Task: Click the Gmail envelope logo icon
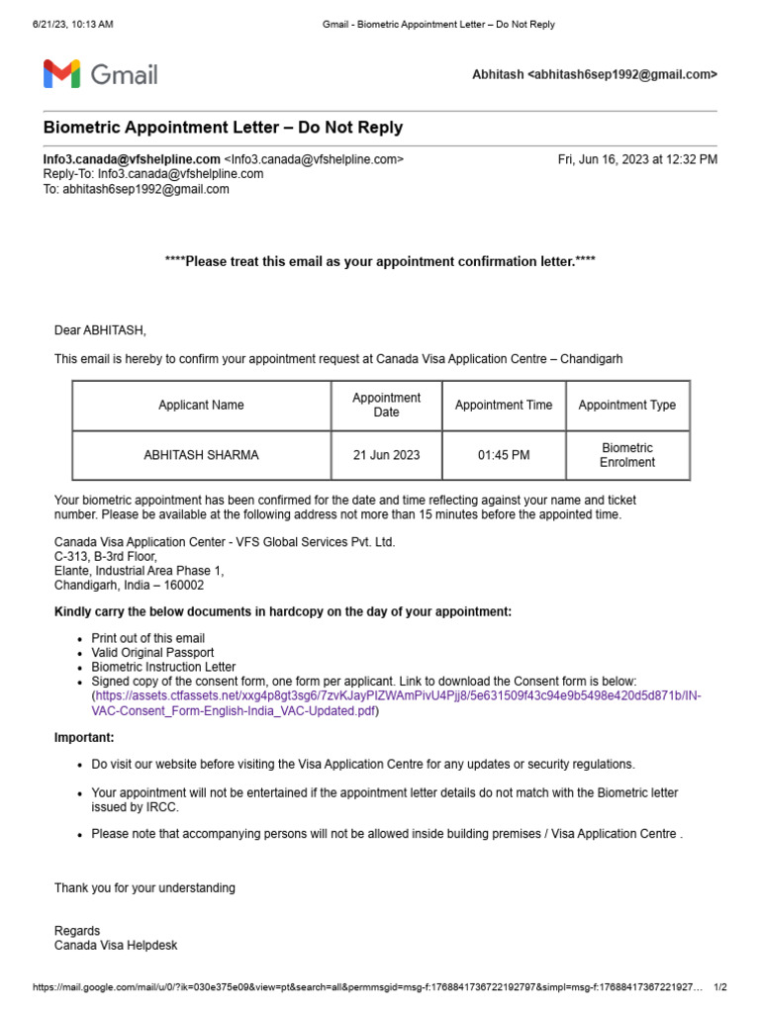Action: coord(61,74)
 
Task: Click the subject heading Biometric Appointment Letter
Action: coord(223,129)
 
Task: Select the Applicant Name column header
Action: coord(201,405)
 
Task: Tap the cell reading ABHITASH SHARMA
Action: coord(201,455)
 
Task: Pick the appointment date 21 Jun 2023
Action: coord(386,455)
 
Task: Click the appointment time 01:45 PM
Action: coord(503,455)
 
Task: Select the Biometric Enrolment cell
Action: coord(626,455)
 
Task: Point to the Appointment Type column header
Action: coord(626,405)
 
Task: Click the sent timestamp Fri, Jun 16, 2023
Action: coord(637,159)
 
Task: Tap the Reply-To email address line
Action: coord(153,174)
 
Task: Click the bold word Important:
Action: coord(84,738)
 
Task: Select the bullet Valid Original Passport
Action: coord(152,653)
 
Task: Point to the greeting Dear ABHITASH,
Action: coord(100,330)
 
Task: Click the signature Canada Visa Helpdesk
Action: coord(116,946)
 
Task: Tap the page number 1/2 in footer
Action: coord(719,987)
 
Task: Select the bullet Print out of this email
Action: coord(148,639)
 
